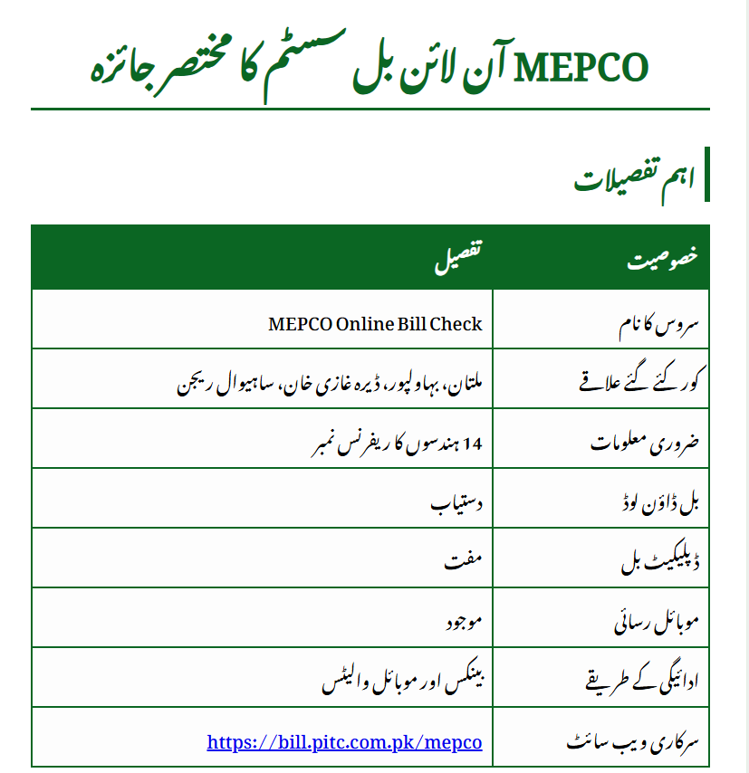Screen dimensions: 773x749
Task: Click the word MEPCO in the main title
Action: [x=581, y=67]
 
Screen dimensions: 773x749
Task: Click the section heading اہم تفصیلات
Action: [x=635, y=178]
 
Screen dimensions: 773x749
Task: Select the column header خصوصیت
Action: [x=664, y=258]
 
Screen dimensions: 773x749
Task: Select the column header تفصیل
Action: [x=459, y=258]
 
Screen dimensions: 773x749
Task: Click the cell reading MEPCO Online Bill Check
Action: [x=375, y=323]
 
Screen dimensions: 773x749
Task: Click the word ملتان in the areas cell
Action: [x=464, y=383]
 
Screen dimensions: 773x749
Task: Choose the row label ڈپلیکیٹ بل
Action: [x=655, y=562]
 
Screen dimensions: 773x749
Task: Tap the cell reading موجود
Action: [x=462, y=622]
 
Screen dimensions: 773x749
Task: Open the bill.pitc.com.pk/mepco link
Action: [x=344, y=742]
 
